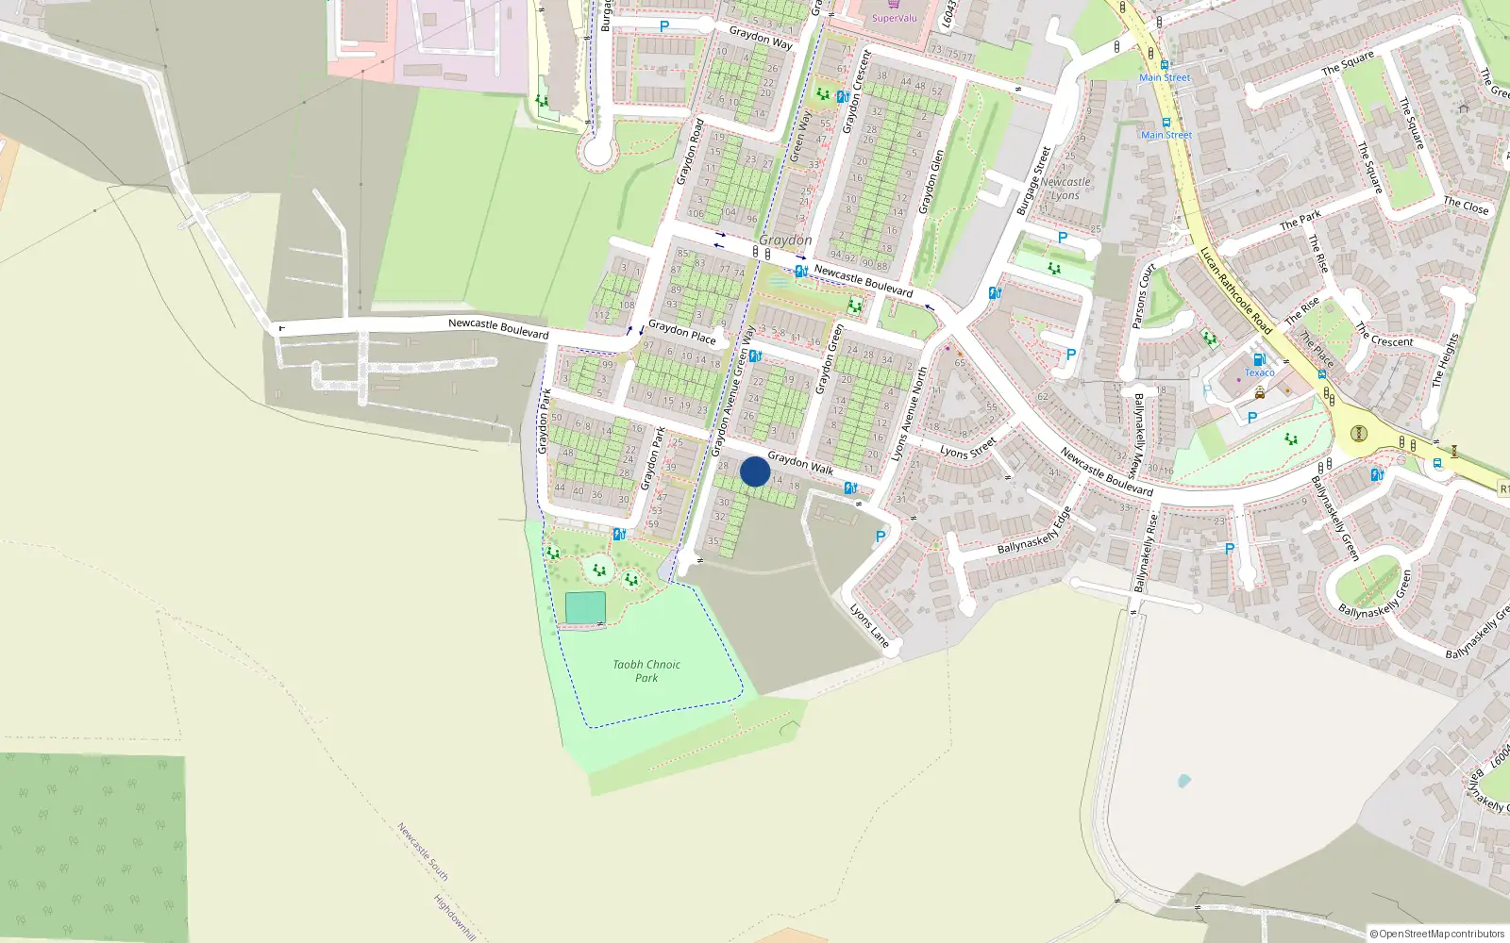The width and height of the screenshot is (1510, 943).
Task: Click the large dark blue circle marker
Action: coord(755,471)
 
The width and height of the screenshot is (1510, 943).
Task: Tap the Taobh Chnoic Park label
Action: coord(646,670)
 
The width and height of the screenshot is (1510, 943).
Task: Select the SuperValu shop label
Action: coord(894,18)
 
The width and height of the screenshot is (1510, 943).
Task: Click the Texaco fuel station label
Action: coord(1259,372)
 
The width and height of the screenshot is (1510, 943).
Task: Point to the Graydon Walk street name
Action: coord(800,462)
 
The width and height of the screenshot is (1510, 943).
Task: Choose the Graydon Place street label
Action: coord(682,332)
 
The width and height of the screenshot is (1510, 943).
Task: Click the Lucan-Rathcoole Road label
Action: coord(1235,290)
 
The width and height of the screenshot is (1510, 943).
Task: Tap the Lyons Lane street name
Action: coord(869,625)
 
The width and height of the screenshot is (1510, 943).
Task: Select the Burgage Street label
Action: coord(1033,180)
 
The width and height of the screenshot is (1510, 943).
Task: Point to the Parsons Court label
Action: coord(1144,296)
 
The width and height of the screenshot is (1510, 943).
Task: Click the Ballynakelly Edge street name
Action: coord(1035,531)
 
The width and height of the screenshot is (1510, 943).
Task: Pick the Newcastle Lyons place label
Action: coord(1065,189)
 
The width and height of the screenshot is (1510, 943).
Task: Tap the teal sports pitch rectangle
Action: coord(585,608)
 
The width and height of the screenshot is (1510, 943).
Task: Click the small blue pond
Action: coord(1183,781)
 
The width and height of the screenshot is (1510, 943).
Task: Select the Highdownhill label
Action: coord(455,917)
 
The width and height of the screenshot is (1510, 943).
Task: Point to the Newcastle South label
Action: coord(422,852)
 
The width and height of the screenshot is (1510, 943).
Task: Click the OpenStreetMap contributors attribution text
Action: coord(1437,935)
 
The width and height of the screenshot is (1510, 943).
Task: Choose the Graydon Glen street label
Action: coord(931,181)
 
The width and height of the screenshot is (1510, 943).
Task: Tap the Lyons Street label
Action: coord(967,447)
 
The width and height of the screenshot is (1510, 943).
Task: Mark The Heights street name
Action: coord(1445,360)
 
